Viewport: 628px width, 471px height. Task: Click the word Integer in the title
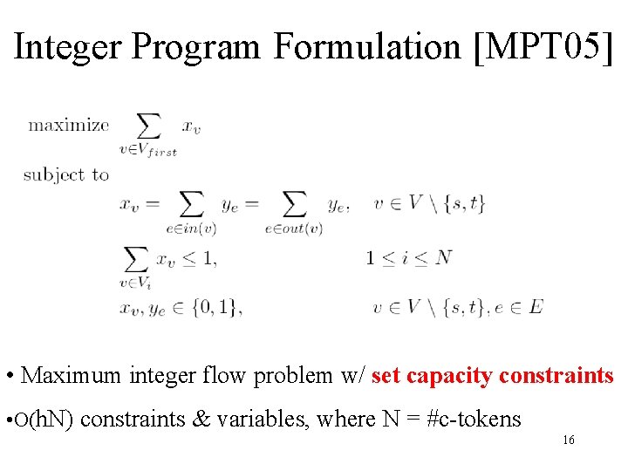69,47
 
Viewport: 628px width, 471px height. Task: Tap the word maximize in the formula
69,125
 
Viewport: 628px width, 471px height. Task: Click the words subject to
66,174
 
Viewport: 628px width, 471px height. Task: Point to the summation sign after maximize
149,126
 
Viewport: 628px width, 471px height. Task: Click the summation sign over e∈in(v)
190,204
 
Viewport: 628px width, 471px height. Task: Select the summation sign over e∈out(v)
294,204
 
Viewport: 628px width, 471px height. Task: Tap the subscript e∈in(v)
191,229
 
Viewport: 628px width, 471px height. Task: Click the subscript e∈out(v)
294,229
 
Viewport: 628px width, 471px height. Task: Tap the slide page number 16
568,440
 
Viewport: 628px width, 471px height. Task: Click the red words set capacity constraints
493,376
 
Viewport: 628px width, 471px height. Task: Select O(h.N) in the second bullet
44,420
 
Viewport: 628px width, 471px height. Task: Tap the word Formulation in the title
366,47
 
